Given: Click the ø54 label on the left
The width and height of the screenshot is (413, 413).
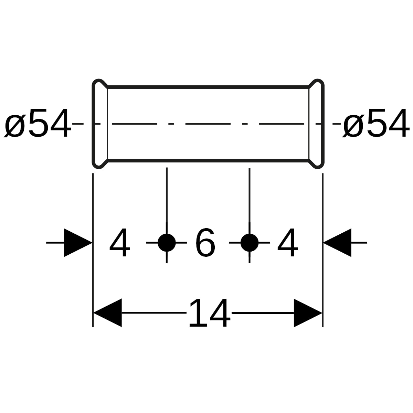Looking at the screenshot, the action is [x=38, y=123].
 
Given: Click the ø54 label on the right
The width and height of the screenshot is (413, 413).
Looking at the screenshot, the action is [x=376, y=123].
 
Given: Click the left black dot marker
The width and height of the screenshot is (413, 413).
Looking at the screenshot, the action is [x=167, y=243].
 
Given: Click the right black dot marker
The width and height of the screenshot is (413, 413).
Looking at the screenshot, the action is [x=250, y=243].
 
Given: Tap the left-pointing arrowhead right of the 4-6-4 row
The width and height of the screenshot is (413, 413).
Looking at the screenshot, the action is [x=337, y=243].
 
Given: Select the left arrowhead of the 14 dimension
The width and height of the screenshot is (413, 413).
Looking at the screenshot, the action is [x=108, y=313].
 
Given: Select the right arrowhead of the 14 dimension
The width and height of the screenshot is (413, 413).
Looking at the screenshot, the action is [x=308, y=313].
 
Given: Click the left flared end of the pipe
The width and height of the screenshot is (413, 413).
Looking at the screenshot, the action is [x=94, y=124].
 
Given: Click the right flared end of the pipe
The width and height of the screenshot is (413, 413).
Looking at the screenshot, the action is [x=323, y=124].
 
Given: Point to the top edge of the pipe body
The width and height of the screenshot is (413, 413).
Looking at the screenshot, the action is [x=208, y=87].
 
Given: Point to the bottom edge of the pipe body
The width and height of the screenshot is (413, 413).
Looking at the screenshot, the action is [x=208, y=161].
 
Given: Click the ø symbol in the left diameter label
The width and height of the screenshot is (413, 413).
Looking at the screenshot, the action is [x=15, y=126].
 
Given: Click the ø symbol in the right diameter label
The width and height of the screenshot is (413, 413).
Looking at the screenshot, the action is [x=353, y=126].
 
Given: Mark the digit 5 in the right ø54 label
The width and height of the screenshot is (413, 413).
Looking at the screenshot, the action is [x=376, y=123].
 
